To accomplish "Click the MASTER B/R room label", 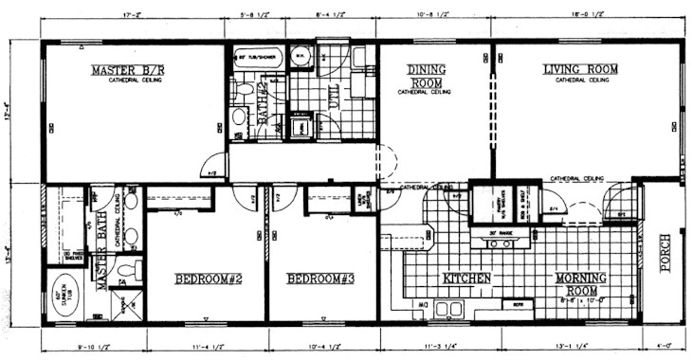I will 129,70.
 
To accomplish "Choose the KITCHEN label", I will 466,279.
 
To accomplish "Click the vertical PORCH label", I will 666,253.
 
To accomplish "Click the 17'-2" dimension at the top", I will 135,15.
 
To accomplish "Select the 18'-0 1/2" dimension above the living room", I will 588,15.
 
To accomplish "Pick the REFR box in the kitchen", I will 519,309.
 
